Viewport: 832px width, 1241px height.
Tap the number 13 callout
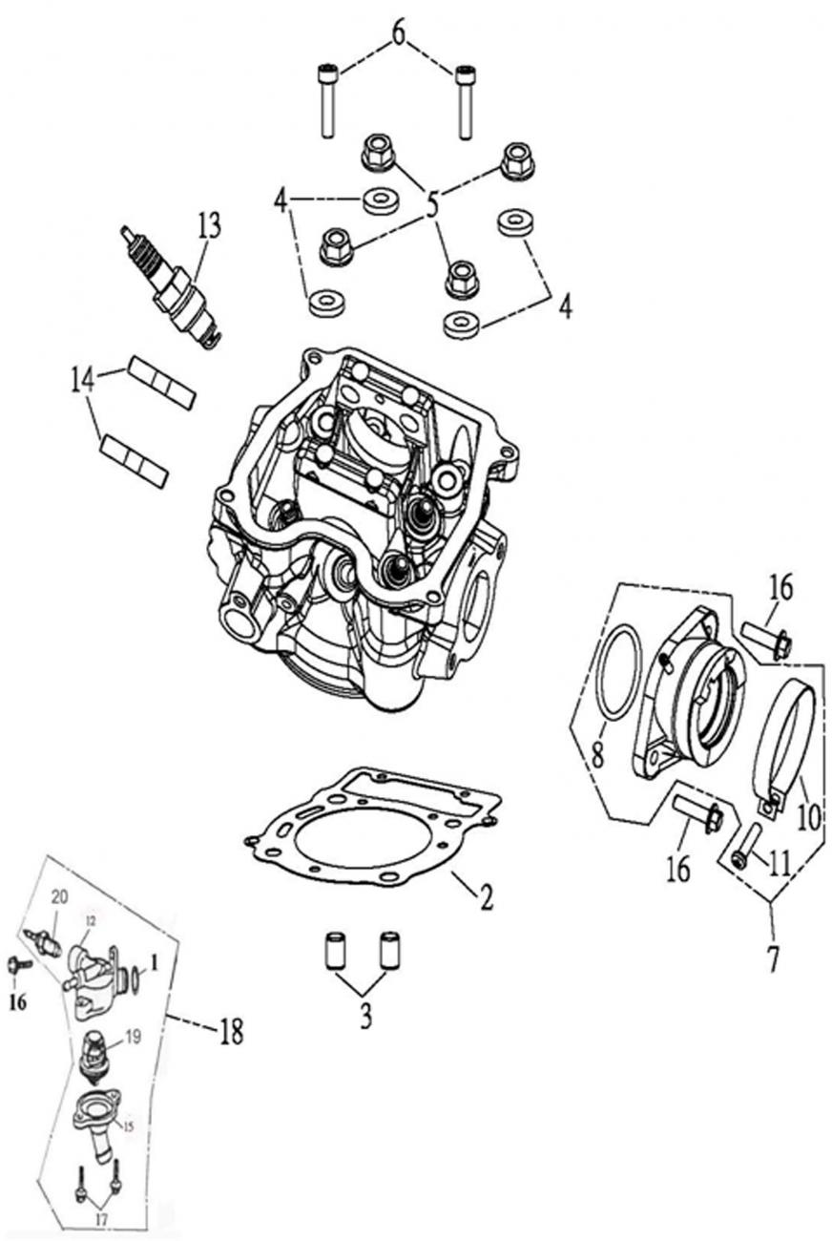209,226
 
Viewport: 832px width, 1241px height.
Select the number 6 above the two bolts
398,32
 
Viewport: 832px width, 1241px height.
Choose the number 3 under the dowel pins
365,1018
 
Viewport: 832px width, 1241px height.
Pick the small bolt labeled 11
744,846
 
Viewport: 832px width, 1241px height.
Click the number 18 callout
230,1032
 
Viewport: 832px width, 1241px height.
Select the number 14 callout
82,380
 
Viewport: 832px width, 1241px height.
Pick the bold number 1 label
153,975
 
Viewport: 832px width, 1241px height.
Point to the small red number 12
91,920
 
